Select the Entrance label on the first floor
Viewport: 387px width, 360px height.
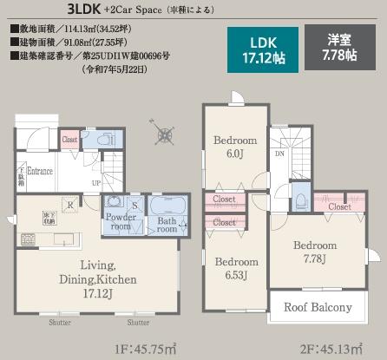[x=40, y=172]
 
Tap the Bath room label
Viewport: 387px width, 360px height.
[x=167, y=226]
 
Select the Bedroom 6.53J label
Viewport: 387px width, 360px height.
[x=236, y=268]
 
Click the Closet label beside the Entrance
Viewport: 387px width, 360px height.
[x=70, y=140]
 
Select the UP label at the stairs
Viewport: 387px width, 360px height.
[x=96, y=184]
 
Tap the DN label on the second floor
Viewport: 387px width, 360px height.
[x=279, y=154]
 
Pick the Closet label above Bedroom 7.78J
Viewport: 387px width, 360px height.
[x=339, y=207]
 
